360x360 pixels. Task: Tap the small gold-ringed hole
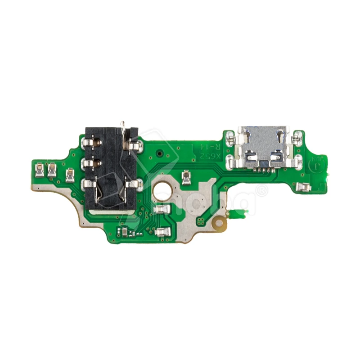coord(220,222)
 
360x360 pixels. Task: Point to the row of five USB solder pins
coord(263,171)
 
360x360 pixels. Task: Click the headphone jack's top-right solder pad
coord(135,144)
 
